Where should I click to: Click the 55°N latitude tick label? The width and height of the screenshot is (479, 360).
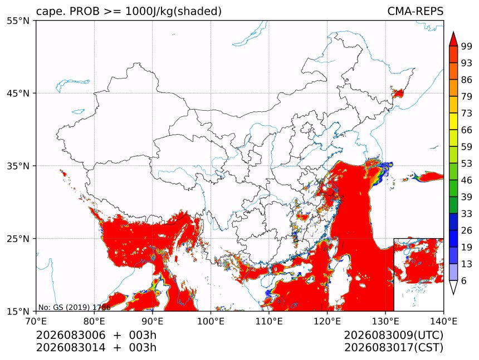[18, 21]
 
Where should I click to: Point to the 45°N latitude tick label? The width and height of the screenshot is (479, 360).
[18, 93]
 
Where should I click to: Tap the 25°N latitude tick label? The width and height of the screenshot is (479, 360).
[18, 239]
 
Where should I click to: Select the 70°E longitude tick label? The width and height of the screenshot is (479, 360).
[36, 321]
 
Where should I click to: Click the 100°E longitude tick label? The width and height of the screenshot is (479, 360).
[211, 321]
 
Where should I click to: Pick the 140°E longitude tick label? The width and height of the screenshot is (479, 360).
[443, 321]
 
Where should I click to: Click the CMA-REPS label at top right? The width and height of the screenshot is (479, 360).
[415, 11]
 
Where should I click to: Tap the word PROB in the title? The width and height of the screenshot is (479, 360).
[85, 11]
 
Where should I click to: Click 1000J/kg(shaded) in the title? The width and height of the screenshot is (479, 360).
[174, 12]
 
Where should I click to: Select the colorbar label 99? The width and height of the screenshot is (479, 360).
[467, 46]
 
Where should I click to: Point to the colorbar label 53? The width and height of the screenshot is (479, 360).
[467, 164]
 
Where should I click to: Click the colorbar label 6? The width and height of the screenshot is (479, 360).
[464, 280]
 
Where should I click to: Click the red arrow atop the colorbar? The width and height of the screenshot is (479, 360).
[453, 39]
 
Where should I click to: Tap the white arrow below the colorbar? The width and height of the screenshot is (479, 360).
[453, 287]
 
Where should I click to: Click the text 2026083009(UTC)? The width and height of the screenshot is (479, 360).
[393, 336]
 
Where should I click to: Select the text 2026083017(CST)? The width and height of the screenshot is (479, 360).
[393, 348]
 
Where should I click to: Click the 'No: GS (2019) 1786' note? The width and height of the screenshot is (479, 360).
[74, 307]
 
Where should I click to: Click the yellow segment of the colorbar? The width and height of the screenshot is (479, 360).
[453, 121]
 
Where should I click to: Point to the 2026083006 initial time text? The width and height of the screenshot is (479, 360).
[71, 336]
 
